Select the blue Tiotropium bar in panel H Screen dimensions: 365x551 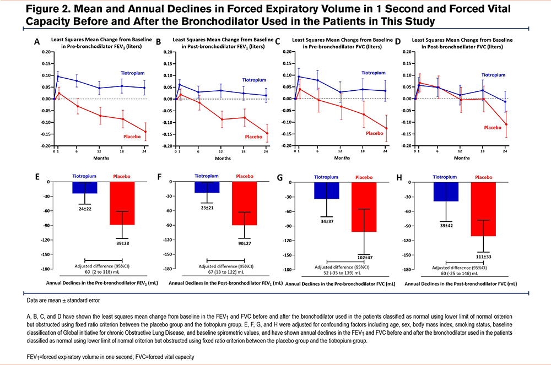click(x=446, y=192)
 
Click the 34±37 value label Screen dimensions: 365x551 click(x=327, y=222)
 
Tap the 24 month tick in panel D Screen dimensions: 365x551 click(x=505, y=150)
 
